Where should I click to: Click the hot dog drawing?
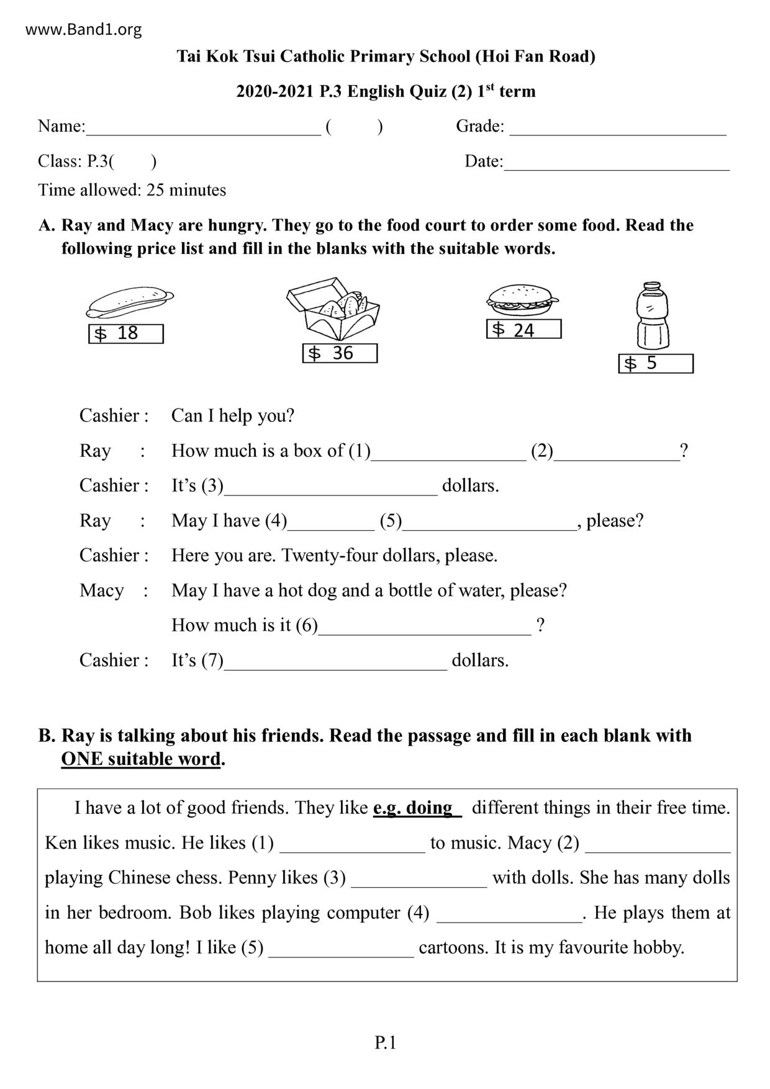coord(129,302)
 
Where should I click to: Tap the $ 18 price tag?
coord(126,333)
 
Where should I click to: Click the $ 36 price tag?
coord(340,353)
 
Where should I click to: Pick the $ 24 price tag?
coord(523,330)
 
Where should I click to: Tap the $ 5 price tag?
coord(656,363)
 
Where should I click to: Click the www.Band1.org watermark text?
coord(84,29)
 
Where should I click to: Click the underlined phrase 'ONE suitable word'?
coord(141,759)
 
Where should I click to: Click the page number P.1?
coord(385,1042)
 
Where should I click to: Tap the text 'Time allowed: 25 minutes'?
coord(132,190)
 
